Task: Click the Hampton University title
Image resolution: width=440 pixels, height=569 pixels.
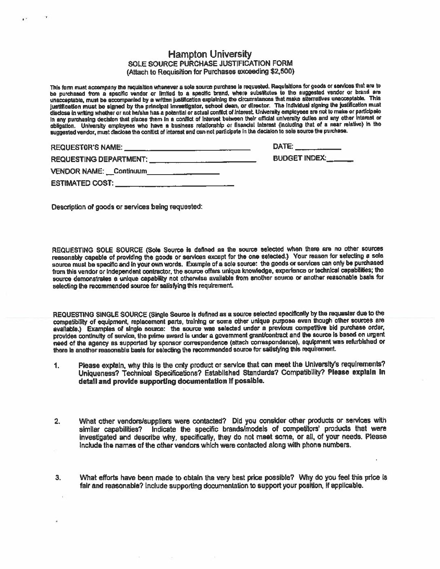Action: click(x=210, y=55)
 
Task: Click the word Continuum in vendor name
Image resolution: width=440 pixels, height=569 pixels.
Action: click(x=130, y=171)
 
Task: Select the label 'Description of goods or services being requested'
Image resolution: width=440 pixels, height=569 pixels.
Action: click(x=127, y=207)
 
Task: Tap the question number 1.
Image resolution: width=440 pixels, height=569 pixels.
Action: click(x=56, y=367)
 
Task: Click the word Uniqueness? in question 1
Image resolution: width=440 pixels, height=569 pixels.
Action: click(x=97, y=373)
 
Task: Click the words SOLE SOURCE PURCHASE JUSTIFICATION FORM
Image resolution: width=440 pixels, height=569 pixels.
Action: click(x=210, y=64)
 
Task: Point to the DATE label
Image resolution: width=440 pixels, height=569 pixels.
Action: click(x=283, y=147)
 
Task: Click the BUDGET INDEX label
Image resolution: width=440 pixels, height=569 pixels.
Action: click(x=299, y=158)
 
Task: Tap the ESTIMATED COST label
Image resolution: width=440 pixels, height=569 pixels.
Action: click(x=82, y=183)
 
